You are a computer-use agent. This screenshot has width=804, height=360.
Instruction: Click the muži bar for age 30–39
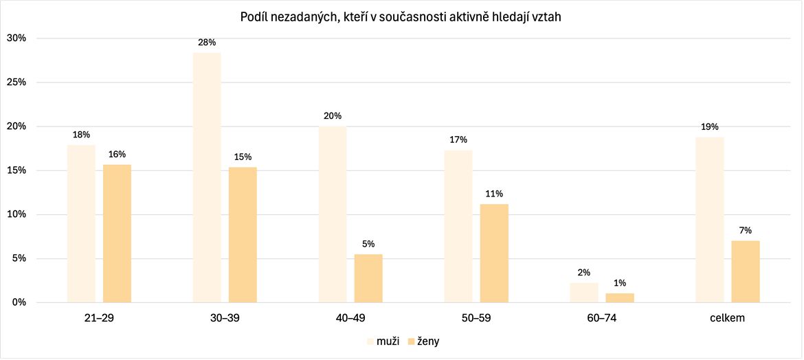click(207, 177)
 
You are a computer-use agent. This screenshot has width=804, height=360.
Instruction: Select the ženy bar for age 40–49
click(368, 278)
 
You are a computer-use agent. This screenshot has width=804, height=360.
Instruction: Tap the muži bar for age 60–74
click(584, 293)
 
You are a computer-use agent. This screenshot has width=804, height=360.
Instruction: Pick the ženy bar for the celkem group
click(746, 271)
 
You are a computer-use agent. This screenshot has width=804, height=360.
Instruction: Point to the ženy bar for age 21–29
click(117, 234)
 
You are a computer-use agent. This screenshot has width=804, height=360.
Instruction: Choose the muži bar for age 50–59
click(458, 226)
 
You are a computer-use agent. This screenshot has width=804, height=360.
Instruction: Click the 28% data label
click(207, 43)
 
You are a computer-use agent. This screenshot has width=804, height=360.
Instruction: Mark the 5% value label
click(368, 244)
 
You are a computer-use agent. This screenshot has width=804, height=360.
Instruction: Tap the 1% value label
click(620, 283)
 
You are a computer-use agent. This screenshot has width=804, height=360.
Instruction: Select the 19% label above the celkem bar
click(710, 126)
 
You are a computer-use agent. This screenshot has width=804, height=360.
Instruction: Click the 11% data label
click(494, 193)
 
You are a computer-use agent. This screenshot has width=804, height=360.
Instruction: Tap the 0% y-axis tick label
click(19, 302)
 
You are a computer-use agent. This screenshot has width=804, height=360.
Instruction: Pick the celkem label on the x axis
click(728, 319)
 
